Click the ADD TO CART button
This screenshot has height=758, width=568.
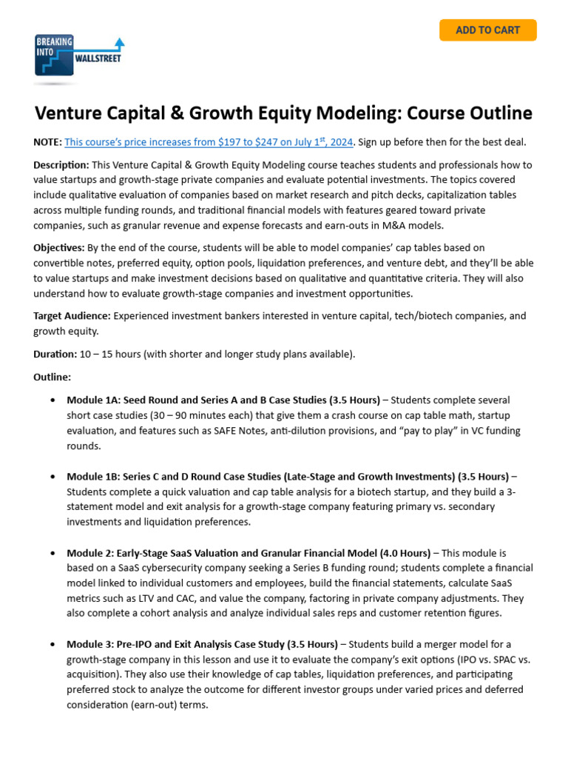click(x=487, y=30)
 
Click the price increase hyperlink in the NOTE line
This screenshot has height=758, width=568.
click(x=209, y=141)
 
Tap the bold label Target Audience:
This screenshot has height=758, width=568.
click(x=72, y=315)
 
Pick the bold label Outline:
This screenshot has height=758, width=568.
click(x=52, y=377)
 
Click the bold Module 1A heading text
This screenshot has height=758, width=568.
click(x=223, y=400)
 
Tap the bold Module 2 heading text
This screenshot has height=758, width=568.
click(x=248, y=553)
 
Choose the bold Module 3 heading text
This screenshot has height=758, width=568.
click(x=202, y=643)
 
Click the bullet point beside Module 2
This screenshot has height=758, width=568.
click(x=52, y=553)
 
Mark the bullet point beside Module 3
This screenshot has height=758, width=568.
click(x=52, y=643)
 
